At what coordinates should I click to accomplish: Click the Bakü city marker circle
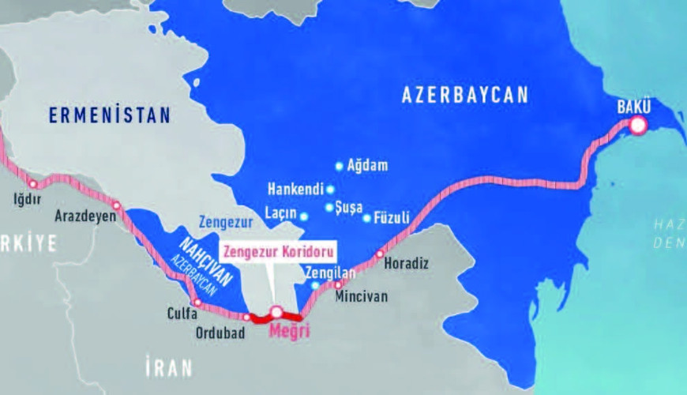click(x=637, y=125)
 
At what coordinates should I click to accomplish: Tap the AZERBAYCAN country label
click(x=464, y=96)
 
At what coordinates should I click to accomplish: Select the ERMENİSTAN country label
click(x=109, y=115)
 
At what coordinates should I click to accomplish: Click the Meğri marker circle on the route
click(x=276, y=312)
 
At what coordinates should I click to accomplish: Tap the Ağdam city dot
click(x=340, y=166)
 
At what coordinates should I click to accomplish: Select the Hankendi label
click(x=295, y=190)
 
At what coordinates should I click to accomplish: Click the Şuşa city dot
click(x=329, y=207)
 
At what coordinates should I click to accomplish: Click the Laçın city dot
click(x=304, y=215)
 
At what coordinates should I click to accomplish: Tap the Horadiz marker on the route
click(x=379, y=254)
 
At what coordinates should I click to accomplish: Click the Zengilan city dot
click(x=315, y=285)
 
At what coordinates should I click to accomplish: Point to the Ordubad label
click(x=220, y=333)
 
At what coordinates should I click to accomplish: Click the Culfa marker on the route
click(x=197, y=303)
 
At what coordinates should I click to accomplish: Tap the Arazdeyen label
click(x=86, y=215)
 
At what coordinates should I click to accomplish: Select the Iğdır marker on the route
click(x=32, y=184)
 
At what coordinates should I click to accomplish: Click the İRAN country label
click(x=168, y=367)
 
